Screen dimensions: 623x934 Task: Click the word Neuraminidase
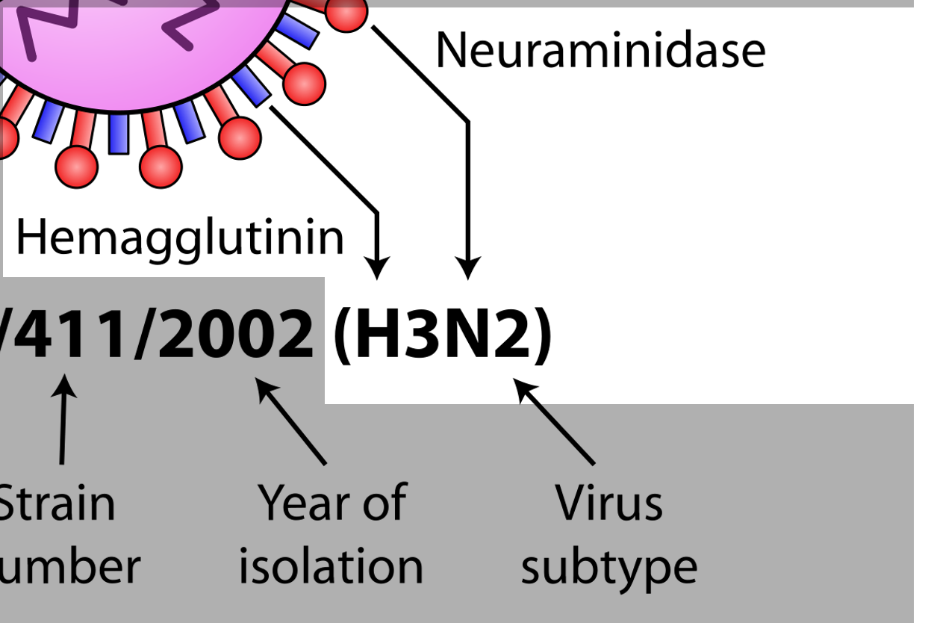(x=600, y=50)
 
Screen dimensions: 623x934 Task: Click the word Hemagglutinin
(x=180, y=238)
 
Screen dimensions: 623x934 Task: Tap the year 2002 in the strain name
(x=234, y=334)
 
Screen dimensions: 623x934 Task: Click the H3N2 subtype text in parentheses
(x=442, y=334)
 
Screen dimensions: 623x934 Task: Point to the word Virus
(x=609, y=502)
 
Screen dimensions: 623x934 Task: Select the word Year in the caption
(x=301, y=502)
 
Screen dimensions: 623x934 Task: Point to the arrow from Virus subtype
(x=556, y=422)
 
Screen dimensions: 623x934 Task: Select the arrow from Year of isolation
(x=292, y=422)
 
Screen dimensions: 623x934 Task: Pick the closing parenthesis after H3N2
(x=541, y=334)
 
